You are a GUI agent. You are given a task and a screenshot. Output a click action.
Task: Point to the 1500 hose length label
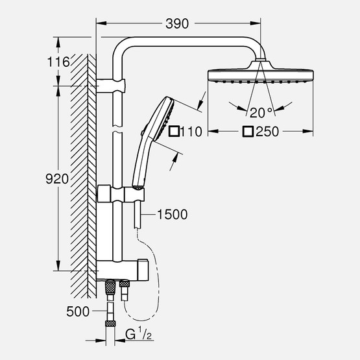pos(172,214)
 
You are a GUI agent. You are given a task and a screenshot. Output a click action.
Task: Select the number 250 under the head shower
pos(267,132)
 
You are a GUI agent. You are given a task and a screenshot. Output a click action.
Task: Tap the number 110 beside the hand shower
pos(192,132)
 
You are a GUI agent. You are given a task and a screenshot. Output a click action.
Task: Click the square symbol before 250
pos(247,132)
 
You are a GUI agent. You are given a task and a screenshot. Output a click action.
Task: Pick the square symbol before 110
pos(174,132)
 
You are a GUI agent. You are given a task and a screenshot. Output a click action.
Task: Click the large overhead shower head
pos(258,75)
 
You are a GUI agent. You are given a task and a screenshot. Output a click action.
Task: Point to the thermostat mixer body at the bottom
pos(123,268)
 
